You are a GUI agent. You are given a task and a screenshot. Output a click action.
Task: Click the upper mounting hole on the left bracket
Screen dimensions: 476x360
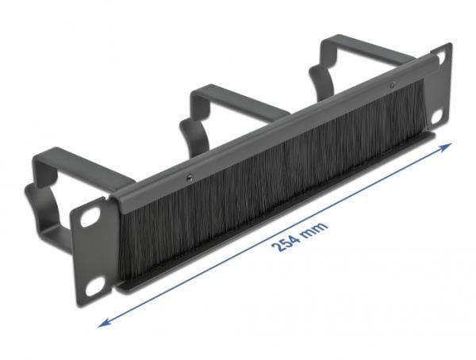point(90,216)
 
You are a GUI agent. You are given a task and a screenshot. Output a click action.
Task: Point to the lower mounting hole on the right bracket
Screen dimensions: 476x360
point(437,116)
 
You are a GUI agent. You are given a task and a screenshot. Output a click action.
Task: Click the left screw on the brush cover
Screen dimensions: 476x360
point(190,178)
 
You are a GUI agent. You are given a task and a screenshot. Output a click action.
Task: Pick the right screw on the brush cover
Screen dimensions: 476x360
point(393,86)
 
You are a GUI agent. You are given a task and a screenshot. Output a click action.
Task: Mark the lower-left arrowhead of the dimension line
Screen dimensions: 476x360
point(104,323)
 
